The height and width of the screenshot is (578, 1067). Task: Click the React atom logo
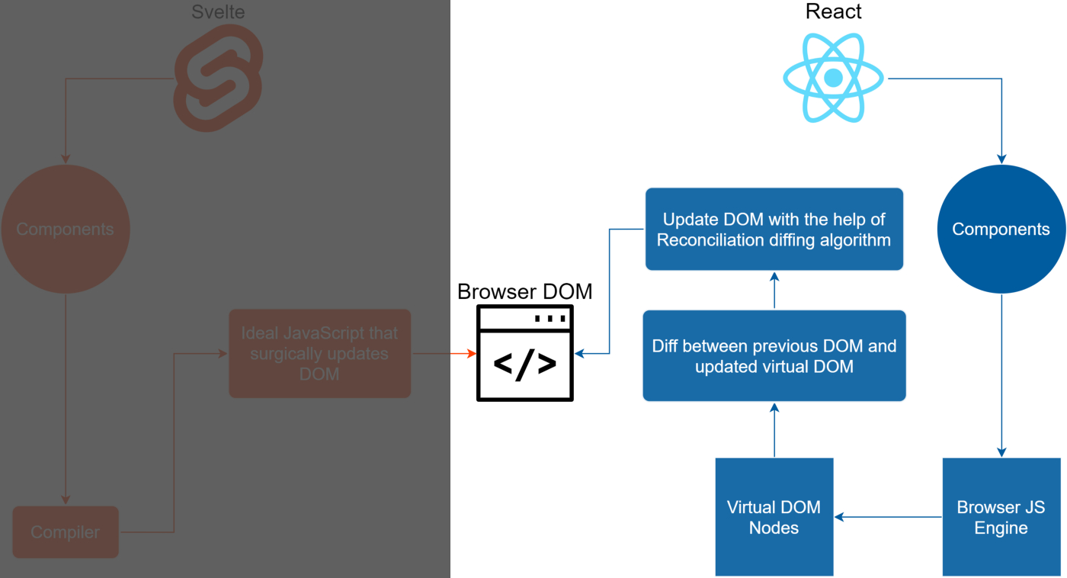click(x=833, y=79)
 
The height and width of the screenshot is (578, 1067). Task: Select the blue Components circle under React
click(x=1001, y=230)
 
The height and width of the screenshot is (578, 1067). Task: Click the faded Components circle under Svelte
click(x=66, y=230)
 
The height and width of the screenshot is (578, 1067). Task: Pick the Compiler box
click(x=66, y=532)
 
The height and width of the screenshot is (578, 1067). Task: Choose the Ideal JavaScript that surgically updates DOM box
click(x=320, y=354)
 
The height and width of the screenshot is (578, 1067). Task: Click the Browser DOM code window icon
click(x=525, y=353)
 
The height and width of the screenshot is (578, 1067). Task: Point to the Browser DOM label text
click(x=524, y=292)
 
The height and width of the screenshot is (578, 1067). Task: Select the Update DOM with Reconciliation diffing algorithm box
click(x=774, y=230)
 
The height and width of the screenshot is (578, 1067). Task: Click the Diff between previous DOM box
click(x=774, y=356)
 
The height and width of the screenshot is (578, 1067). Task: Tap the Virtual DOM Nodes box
click(x=774, y=517)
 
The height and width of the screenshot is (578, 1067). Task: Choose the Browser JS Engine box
click(x=1001, y=517)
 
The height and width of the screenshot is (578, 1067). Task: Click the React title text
click(x=833, y=12)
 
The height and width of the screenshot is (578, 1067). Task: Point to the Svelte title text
click(x=218, y=11)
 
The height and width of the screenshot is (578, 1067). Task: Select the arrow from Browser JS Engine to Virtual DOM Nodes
click(x=889, y=517)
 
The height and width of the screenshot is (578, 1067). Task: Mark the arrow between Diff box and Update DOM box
click(x=774, y=290)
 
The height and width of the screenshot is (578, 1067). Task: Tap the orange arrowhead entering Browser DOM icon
click(x=471, y=354)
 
